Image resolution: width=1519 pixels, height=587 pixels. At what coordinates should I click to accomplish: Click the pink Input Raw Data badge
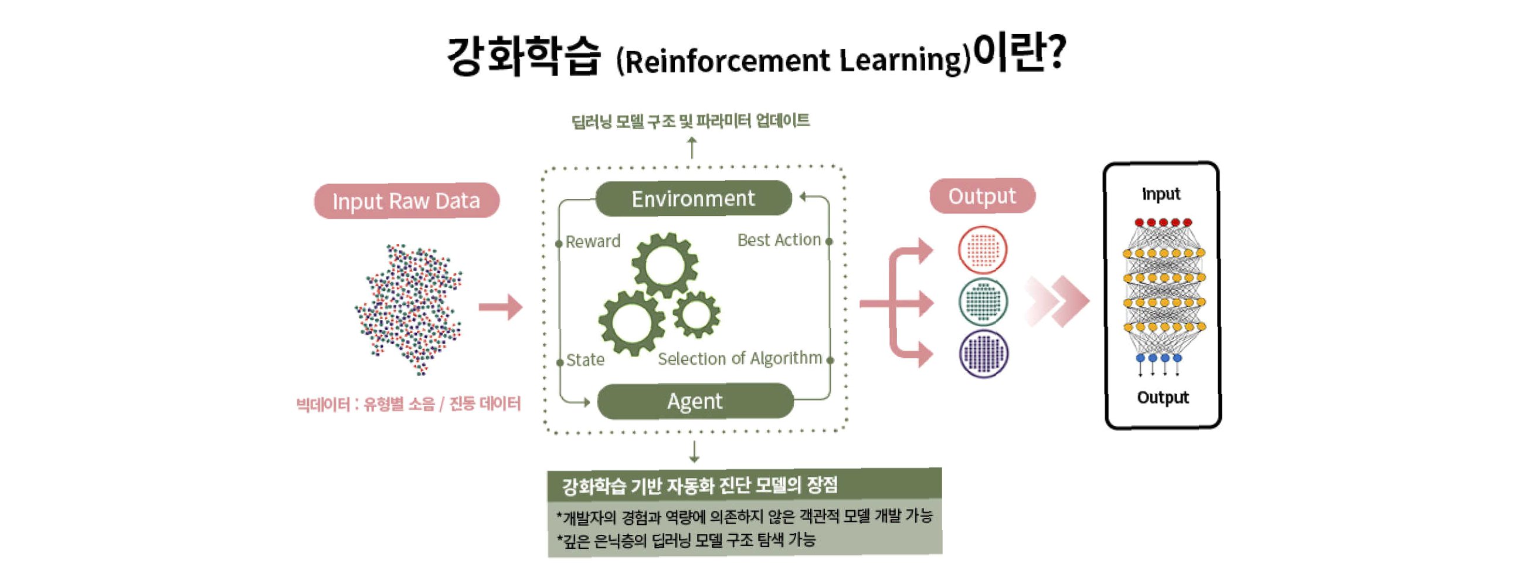[x=406, y=201]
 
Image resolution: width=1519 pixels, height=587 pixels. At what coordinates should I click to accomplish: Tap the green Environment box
[x=693, y=199]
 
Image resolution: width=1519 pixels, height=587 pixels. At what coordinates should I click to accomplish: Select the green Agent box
[x=695, y=401]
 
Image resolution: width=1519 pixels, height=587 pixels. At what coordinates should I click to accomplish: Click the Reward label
[x=593, y=241]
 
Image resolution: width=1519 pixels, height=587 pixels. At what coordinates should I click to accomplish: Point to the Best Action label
[x=779, y=240]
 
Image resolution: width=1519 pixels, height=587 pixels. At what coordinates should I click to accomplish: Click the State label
[x=585, y=360]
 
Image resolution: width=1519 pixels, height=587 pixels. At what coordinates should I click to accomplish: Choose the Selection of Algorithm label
[x=739, y=359]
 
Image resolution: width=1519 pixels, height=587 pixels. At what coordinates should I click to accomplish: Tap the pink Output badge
[x=982, y=196]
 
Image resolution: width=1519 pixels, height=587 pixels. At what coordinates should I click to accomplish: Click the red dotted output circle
[x=983, y=250]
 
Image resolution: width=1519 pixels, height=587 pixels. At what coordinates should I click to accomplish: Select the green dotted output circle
[x=983, y=302]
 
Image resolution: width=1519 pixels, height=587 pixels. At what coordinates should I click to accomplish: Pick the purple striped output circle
[x=983, y=354]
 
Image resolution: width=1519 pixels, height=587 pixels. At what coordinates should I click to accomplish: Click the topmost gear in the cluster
[x=665, y=265]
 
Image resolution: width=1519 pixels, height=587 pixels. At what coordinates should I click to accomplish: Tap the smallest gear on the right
[x=696, y=314]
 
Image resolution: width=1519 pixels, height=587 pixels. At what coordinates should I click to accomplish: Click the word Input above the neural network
[x=1160, y=194]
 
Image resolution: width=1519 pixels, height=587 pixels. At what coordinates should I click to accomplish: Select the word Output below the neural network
[x=1162, y=398]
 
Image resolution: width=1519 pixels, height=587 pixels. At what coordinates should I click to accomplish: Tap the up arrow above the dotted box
[x=692, y=148]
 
